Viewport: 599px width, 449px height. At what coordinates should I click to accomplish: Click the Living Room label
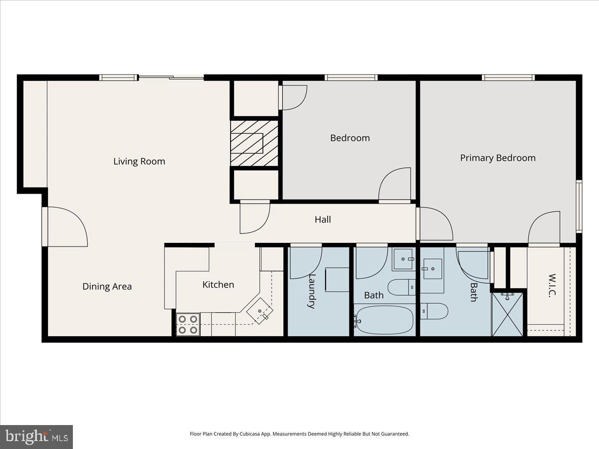(x=139, y=161)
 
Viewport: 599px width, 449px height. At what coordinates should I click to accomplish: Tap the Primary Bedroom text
(x=498, y=158)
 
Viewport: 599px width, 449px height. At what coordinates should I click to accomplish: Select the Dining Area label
(x=107, y=286)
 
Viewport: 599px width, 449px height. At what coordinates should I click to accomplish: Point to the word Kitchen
(x=218, y=284)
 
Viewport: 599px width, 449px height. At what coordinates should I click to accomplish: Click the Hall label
(x=322, y=219)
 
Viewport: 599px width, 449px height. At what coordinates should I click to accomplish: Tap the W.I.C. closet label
(x=552, y=285)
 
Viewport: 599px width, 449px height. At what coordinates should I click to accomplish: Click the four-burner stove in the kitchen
(x=188, y=324)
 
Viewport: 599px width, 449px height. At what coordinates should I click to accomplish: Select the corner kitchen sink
(x=260, y=312)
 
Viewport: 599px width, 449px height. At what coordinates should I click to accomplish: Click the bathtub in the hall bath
(x=384, y=319)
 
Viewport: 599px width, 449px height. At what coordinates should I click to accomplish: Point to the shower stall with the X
(x=507, y=314)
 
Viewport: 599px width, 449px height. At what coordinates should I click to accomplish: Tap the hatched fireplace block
(x=254, y=143)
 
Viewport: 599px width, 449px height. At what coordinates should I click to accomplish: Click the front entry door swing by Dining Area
(x=66, y=227)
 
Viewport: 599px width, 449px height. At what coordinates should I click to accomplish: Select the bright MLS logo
(x=36, y=437)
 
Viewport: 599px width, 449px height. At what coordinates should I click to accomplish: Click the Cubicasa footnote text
(x=299, y=434)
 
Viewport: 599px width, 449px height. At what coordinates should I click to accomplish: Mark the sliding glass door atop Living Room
(x=171, y=77)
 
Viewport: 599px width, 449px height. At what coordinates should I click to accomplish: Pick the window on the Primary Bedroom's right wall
(x=579, y=206)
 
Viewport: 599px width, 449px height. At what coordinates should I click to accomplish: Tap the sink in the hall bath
(x=403, y=259)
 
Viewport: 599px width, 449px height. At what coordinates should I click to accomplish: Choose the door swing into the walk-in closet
(x=544, y=228)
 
